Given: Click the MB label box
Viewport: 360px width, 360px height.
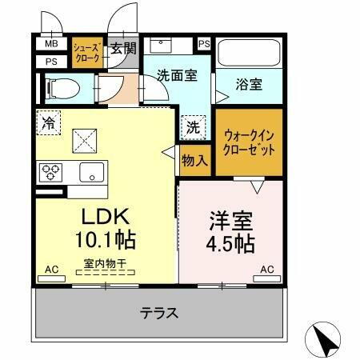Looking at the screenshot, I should pyautogui.click(x=51, y=45).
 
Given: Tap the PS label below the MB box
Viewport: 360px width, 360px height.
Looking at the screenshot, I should pyautogui.click(x=51, y=61).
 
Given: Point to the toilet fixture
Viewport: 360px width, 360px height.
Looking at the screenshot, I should pyautogui.click(x=64, y=88).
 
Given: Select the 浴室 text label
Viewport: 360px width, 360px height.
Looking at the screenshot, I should pyautogui.click(x=247, y=82).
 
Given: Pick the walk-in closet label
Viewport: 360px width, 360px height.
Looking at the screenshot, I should pyautogui.click(x=249, y=143).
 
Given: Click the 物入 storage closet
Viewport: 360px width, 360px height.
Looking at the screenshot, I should pyautogui.click(x=194, y=161).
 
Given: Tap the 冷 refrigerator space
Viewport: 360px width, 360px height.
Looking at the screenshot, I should pyautogui.click(x=49, y=123).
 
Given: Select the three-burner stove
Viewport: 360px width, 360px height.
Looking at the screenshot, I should pyautogui.click(x=52, y=170).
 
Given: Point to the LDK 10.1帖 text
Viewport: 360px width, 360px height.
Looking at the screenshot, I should pyautogui.click(x=105, y=228).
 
